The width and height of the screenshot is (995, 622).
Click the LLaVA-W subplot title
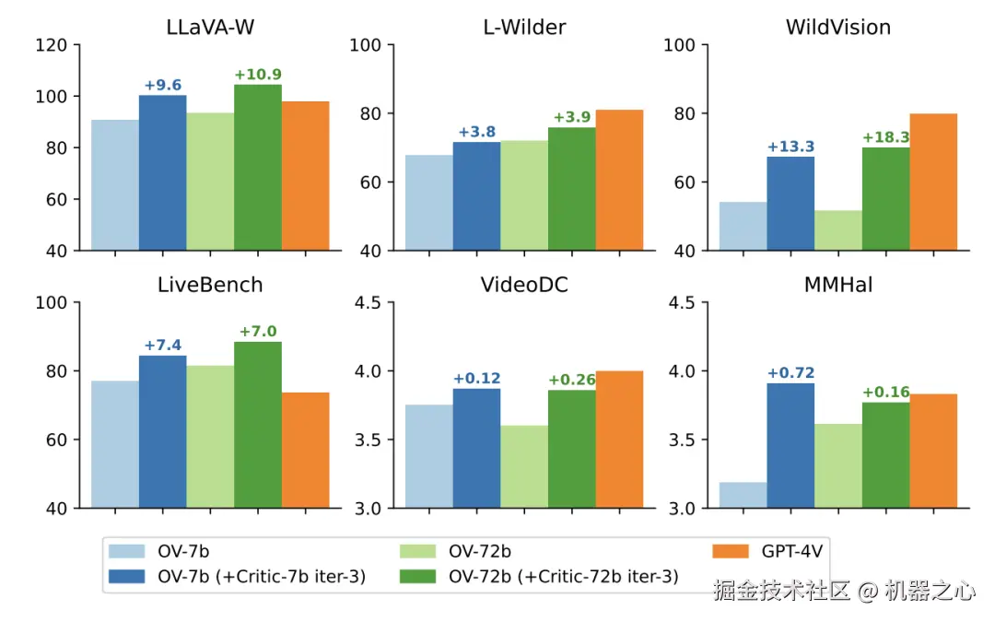point(210,28)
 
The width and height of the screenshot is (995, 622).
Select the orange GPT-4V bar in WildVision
point(933,182)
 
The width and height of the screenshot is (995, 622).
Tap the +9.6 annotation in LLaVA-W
point(163,86)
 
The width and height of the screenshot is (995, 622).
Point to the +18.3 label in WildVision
point(886,138)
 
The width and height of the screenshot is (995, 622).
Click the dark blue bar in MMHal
point(790,445)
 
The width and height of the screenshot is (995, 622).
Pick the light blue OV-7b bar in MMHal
point(743,495)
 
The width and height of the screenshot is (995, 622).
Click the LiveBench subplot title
point(210,285)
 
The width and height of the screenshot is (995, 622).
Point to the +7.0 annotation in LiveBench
point(258,332)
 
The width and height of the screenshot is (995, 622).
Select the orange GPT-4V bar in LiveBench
point(305,450)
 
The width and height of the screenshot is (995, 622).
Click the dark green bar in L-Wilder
point(571,189)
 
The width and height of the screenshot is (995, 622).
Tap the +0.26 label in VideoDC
point(572,380)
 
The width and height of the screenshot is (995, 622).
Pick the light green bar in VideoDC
point(524,466)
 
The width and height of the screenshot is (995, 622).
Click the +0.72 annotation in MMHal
point(791,373)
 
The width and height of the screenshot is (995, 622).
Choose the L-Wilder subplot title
point(523,28)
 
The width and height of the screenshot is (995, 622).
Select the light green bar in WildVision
point(838,230)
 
